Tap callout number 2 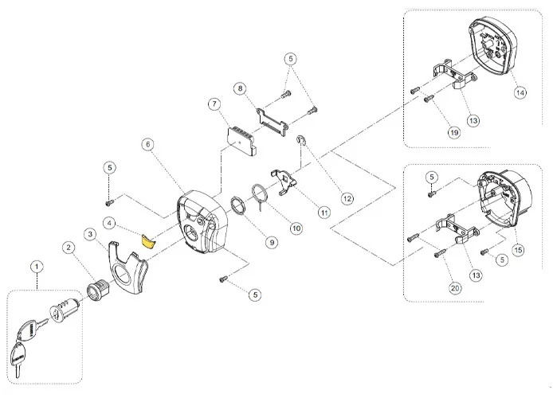(69, 248)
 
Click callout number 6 (147, 144)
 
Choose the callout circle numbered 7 (213, 104)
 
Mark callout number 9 (272, 241)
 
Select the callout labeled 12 (347, 197)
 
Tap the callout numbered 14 (520, 92)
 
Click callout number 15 (520, 248)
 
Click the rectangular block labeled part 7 (240, 137)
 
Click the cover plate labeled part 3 (129, 271)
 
